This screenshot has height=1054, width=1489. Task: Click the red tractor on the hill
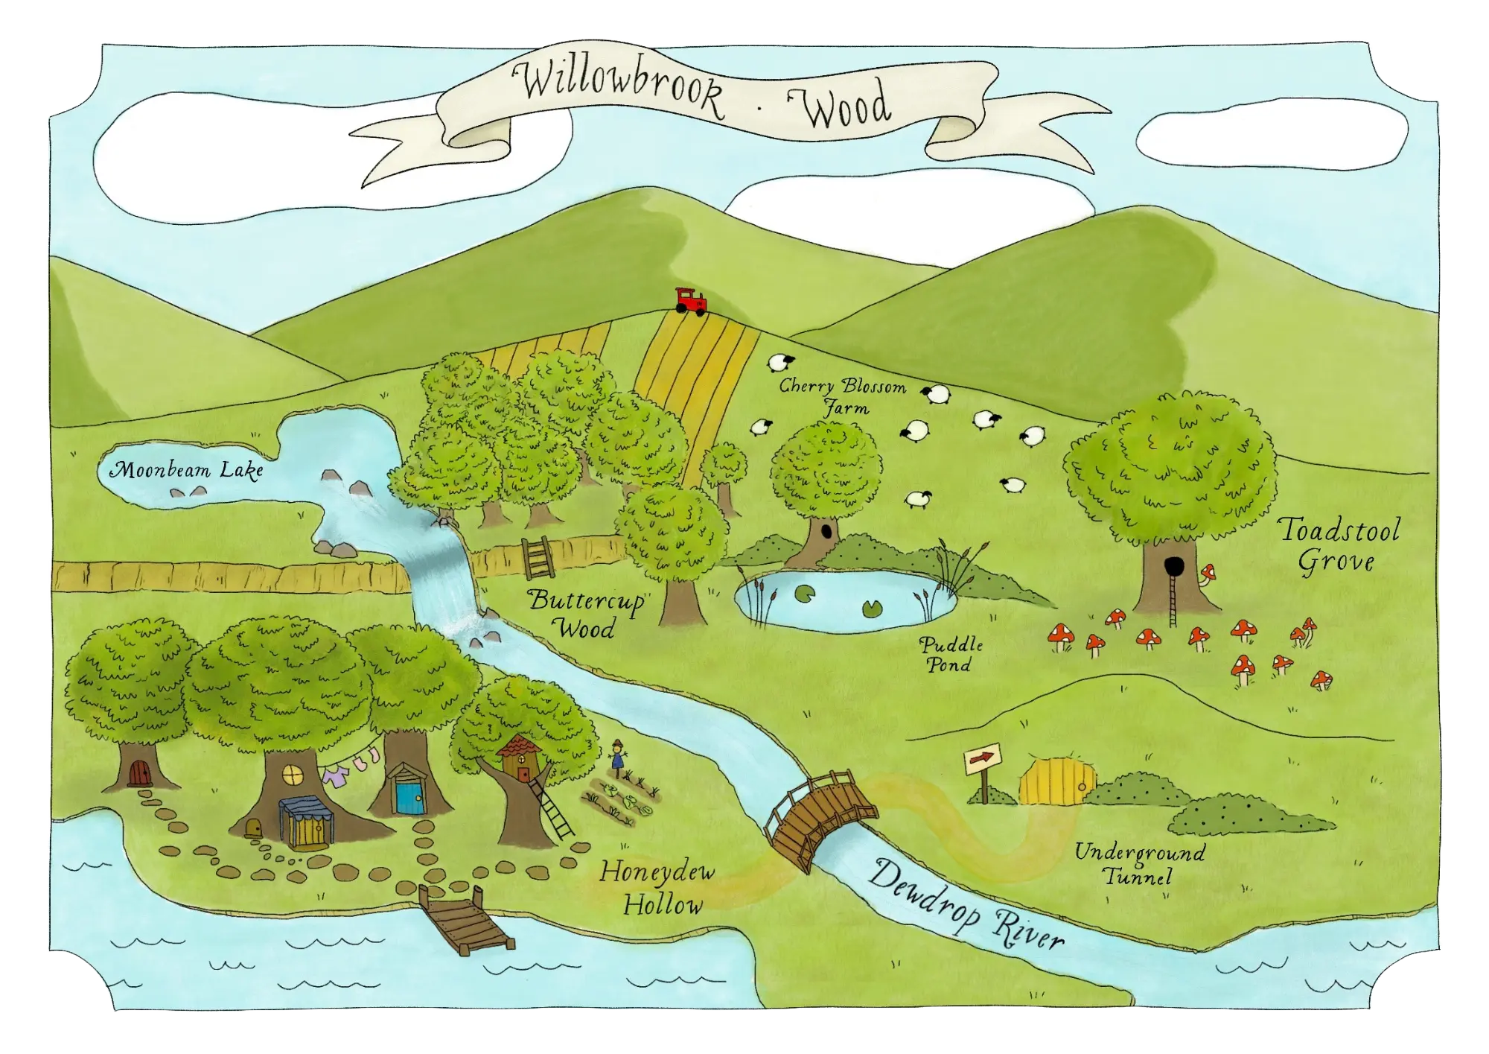point(691,301)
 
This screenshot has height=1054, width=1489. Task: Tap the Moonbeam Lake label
point(186,471)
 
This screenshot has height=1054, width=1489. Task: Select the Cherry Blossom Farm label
point(843,396)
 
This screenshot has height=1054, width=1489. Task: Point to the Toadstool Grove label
point(1339,545)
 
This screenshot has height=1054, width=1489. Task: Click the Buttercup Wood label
point(586,614)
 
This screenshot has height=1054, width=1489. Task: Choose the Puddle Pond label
point(951,654)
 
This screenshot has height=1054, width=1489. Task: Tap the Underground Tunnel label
point(1139,863)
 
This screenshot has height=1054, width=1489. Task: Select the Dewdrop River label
point(966,903)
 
